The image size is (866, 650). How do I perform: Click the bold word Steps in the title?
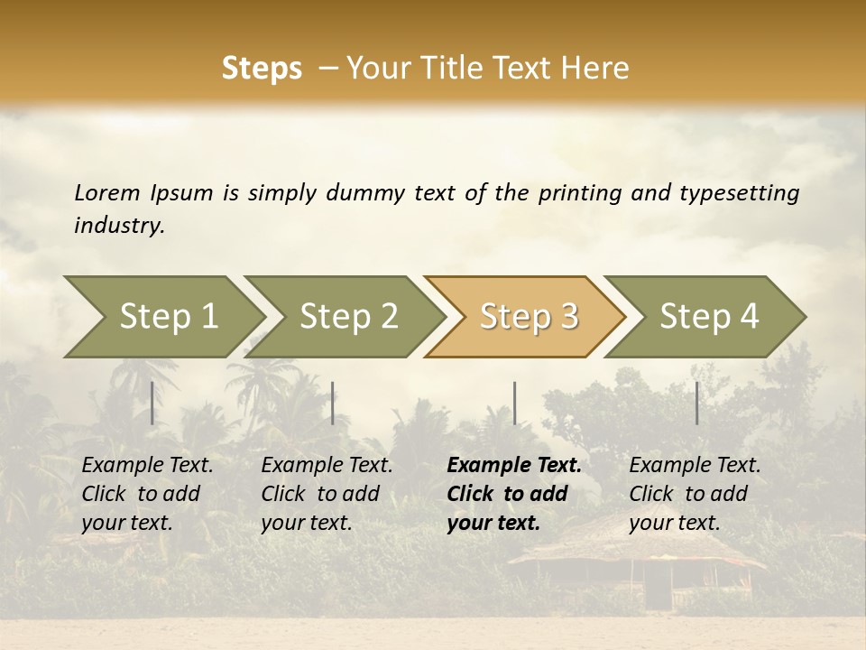coord(262,69)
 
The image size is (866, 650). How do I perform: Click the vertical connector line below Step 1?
coord(152,403)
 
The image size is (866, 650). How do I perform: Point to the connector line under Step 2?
coord(333,403)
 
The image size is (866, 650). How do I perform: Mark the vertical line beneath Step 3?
coord(514,403)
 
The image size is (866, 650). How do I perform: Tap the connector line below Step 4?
coord(696,403)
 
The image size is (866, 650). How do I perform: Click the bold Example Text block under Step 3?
coord(514,494)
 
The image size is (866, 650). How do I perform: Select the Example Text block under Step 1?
coord(147,494)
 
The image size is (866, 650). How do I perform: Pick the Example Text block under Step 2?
coord(327,494)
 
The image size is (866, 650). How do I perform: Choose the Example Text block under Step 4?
coord(695,494)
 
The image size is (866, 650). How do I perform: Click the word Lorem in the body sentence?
coord(107,192)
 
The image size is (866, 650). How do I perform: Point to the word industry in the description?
coord(118,225)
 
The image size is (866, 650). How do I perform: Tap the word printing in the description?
coord(580,192)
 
